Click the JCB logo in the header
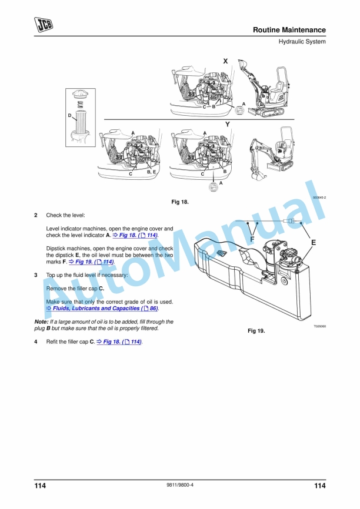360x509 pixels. click(x=44, y=25)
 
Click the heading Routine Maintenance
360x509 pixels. click(x=289, y=30)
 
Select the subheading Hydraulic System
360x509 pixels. click(x=302, y=42)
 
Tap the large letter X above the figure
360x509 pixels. click(x=225, y=61)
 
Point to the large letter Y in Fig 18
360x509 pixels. click(x=228, y=125)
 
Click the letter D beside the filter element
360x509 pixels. click(x=69, y=115)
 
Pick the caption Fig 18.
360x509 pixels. click(x=180, y=202)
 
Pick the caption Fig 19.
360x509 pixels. click(x=256, y=331)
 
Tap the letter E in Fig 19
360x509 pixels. click(x=314, y=243)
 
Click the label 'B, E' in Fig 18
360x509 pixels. click(x=151, y=172)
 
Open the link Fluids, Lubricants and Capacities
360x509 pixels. click(x=102, y=309)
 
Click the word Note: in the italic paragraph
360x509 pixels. click(x=41, y=322)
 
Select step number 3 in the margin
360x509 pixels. click(x=36, y=275)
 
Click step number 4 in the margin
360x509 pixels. click(x=36, y=341)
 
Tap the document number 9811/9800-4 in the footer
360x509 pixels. click(x=179, y=485)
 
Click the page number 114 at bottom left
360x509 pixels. click(x=40, y=485)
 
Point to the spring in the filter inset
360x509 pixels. click(x=80, y=105)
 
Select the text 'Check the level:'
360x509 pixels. click(x=65, y=215)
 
